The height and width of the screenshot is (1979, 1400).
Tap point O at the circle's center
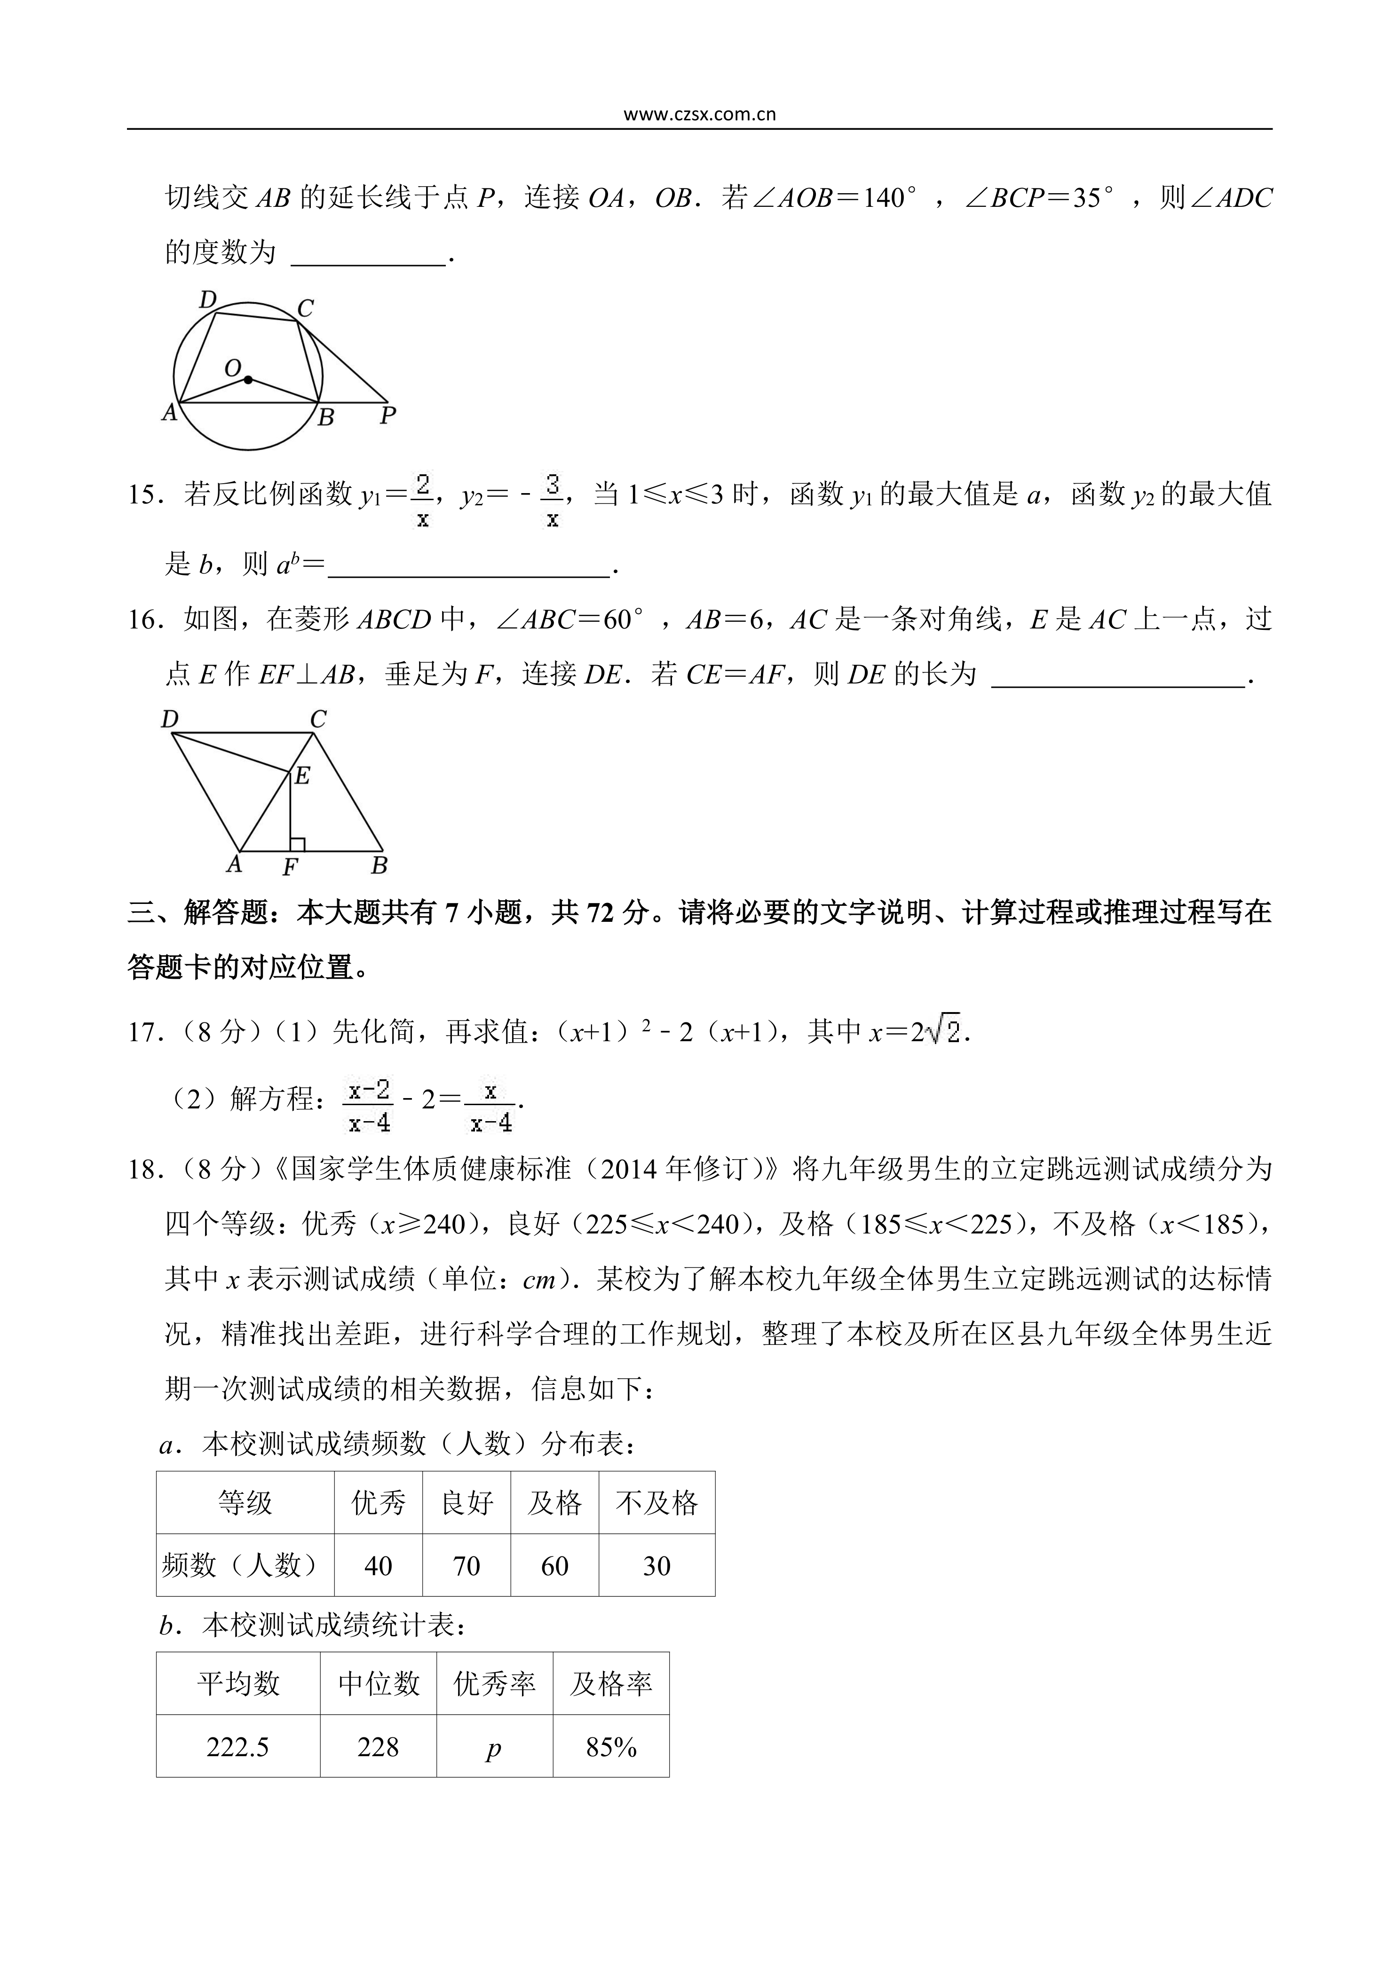point(248,379)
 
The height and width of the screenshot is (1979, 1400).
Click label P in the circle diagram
point(388,416)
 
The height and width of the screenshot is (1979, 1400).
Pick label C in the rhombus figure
point(318,719)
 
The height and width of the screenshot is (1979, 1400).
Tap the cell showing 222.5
point(238,1747)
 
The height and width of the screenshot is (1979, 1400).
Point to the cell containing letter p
point(494,1747)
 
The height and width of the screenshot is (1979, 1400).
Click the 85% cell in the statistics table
point(611,1747)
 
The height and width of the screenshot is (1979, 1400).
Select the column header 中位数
point(379,1683)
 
